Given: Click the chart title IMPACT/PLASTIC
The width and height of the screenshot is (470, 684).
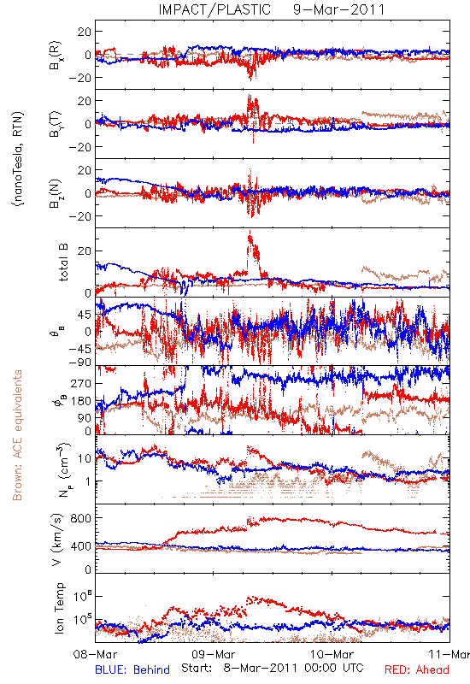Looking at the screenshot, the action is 214,9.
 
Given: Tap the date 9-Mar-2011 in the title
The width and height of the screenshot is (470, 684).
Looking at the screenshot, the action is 339,9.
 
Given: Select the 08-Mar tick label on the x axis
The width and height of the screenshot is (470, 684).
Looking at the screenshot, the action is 96,654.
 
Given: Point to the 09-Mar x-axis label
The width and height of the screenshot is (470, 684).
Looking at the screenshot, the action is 214,654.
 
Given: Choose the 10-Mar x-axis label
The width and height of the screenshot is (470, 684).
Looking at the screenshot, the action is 332,654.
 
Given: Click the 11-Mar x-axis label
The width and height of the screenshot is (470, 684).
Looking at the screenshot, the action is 449,654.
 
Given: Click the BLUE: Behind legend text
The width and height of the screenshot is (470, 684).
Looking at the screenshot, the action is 132,669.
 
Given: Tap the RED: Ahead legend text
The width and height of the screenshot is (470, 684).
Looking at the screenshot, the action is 417,669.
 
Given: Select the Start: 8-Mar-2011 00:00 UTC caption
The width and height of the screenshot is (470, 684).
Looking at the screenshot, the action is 273,668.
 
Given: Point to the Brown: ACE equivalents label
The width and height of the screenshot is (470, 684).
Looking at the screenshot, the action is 17,435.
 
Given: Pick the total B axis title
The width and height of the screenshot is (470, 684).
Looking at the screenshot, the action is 63,262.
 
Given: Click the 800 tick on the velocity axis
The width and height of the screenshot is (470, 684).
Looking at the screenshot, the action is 81,518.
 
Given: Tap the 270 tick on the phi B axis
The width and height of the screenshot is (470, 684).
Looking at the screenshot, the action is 81,383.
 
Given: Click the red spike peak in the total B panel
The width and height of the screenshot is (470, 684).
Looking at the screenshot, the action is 250,231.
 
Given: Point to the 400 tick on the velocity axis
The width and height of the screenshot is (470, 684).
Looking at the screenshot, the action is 81,545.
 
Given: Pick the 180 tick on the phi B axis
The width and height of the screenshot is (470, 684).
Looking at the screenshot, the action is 81,400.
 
